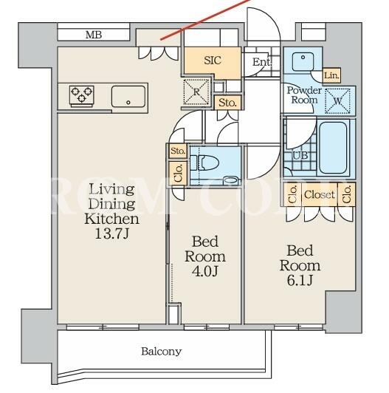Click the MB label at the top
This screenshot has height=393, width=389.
pyautogui.click(x=94, y=35)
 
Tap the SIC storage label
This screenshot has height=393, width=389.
pyautogui.click(x=213, y=61)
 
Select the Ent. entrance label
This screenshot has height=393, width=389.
pyautogui.click(x=262, y=62)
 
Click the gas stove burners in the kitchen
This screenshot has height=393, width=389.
pyautogui.click(x=82, y=95)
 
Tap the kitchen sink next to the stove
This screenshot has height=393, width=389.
pyautogui.click(x=128, y=97)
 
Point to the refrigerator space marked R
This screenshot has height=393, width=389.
pyautogui.click(x=196, y=92)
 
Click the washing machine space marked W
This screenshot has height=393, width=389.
pyautogui.click(x=337, y=101)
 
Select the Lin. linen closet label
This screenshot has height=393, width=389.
pyautogui.click(x=331, y=75)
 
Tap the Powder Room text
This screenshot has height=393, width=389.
pyautogui.click(x=304, y=95)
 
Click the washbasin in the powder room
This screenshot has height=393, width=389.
pyautogui.click(x=303, y=61)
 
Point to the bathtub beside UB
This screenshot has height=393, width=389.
pyautogui.click(x=333, y=148)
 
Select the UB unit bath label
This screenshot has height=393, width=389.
pyautogui.click(x=300, y=156)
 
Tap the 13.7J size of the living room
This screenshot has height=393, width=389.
pyautogui.click(x=111, y=234)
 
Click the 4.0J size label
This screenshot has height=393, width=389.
pyautogui.click(x=205, y=271)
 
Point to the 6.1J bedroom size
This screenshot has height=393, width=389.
pyautogui.click(x=300, y=281)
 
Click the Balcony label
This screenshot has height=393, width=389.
pyautogui.click(x=162, y=352)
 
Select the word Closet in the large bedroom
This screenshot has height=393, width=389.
pyautogui.click(x=320, y=194)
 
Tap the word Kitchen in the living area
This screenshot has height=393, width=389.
pyautogui.click(x=111, y=219)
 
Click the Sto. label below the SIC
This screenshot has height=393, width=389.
pyautogui.click(x=227, y=103)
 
